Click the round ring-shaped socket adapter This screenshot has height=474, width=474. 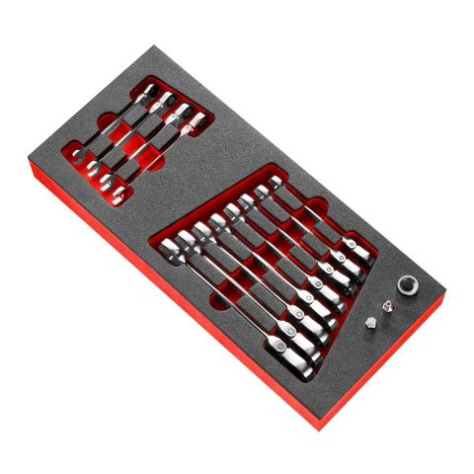coord(407,285)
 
